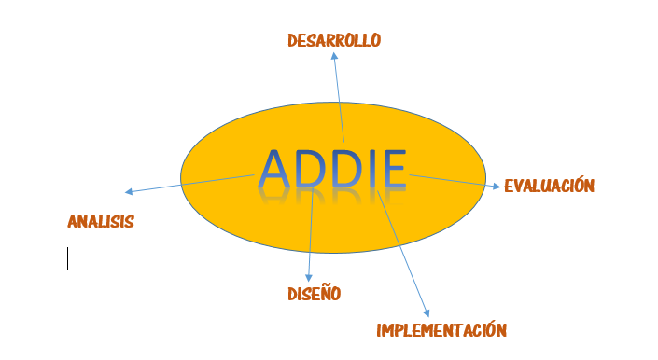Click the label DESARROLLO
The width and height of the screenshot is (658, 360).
point(334,40)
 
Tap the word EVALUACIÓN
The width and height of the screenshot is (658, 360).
point(549,186)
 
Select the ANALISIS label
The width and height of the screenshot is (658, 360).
point(101,222)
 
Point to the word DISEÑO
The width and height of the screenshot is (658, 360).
point(314,294)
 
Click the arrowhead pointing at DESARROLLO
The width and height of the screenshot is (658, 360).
point(334,56)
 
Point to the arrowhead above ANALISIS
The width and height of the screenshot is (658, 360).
point(129,192)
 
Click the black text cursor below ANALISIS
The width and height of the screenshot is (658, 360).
point(67,258)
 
